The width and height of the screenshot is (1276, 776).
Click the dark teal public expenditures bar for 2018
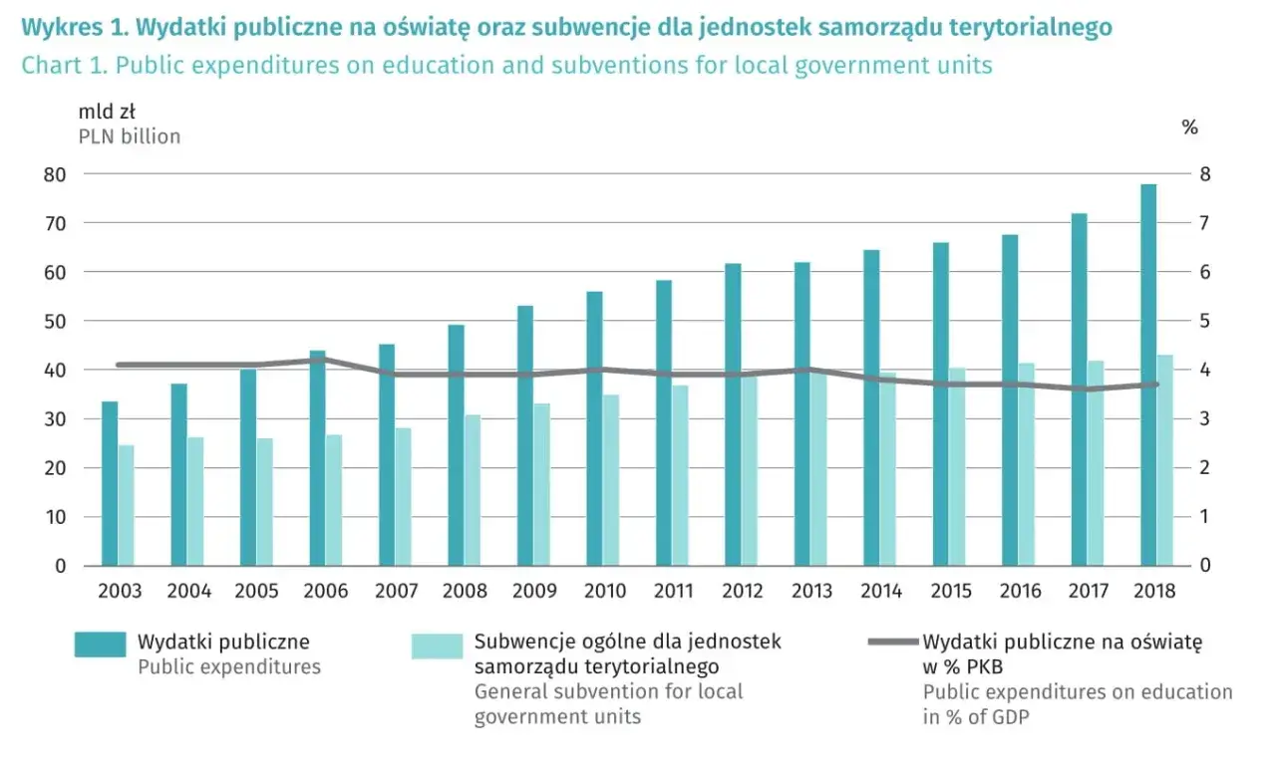(x=1148, y=375)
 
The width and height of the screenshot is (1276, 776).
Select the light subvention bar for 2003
(x=127, y=505)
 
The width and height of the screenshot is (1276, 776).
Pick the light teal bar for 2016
(x=1027, y=464)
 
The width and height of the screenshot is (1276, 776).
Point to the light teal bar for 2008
(x=474, y=490)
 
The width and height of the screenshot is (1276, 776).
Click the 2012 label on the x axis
(x=743, y=591)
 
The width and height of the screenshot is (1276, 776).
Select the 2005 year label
(x=257, y=591)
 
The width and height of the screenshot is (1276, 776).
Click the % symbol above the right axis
(x=1189, y=128)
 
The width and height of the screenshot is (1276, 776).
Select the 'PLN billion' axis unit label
(x=130, y=136)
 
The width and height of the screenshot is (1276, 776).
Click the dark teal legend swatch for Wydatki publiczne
(x=100, y=645)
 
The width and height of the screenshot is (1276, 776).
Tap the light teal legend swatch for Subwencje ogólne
(x=437, y=646)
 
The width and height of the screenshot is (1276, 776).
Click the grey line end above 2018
(x=1156, y=385)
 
